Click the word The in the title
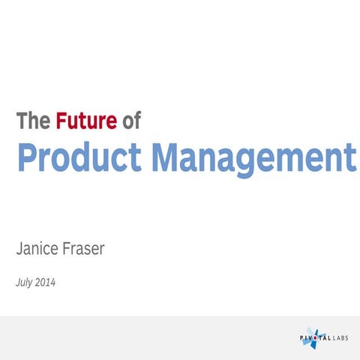[32, 121]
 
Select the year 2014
[46, 283]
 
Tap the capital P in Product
[27, 158]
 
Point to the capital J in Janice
[19, 248]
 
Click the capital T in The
[22, 121]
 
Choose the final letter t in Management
[349, 158]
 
